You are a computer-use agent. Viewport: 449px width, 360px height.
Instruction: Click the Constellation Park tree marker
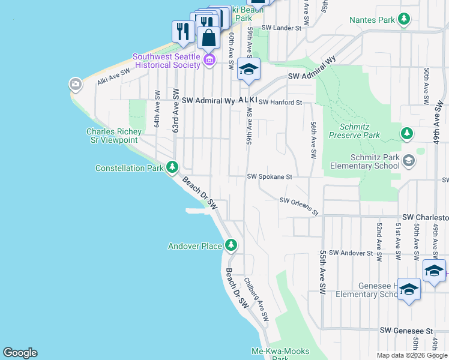[172, 167]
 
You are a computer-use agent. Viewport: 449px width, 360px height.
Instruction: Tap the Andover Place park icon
[231, 245]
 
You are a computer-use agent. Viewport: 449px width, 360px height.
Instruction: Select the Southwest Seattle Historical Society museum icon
[209, 59]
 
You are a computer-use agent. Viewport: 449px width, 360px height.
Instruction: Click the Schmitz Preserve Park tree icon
[407, 133]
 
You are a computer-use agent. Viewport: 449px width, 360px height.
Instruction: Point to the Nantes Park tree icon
[404, 19]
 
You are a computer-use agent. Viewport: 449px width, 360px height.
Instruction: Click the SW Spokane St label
[270, 177]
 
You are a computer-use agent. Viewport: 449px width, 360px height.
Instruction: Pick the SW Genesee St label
[406, 331]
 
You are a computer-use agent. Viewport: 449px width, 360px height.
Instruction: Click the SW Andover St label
[351, 253]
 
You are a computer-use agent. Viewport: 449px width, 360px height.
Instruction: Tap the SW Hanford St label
[280, 103]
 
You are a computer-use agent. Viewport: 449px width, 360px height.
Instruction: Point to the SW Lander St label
[279, 28]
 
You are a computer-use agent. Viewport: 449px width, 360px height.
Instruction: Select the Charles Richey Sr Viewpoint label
[114, 136]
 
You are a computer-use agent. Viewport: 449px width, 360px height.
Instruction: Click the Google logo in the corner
[20, 353]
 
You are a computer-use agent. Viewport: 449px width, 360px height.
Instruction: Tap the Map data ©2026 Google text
[412, 355]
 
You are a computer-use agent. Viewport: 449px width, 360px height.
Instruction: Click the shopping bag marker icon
[208, 38]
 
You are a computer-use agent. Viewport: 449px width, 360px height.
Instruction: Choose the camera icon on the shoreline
[76, 83]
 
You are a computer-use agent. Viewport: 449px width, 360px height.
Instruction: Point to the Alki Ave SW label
[113, 75]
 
